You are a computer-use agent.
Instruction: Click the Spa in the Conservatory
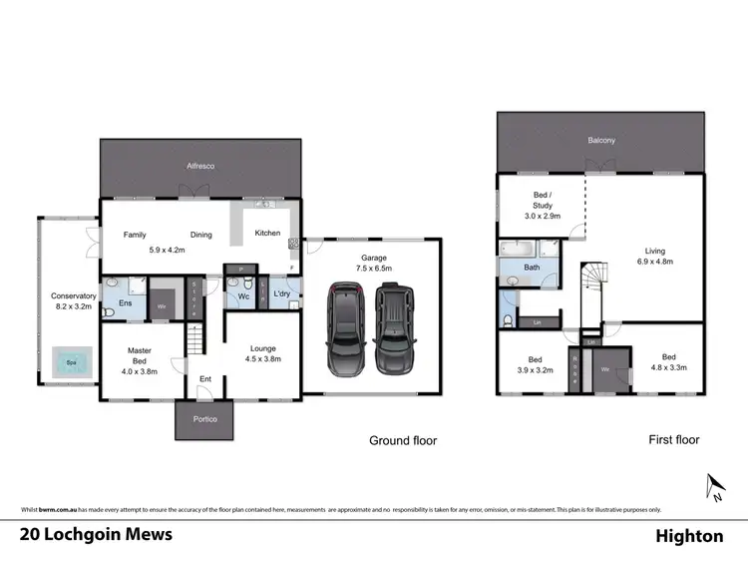point(68,362)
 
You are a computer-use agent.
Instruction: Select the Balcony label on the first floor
point(601,141)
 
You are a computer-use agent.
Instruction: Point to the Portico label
point(203,419)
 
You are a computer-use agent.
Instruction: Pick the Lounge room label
point(262,348)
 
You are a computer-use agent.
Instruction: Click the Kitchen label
point(267,234)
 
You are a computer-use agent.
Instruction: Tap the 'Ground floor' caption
point(403,440)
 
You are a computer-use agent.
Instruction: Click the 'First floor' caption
point(673,439)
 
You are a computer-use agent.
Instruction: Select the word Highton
point(689,536)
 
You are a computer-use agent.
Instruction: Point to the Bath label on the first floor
point(532,268)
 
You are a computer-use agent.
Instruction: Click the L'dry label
point(280,293)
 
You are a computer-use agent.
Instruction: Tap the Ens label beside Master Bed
point(125,302)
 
